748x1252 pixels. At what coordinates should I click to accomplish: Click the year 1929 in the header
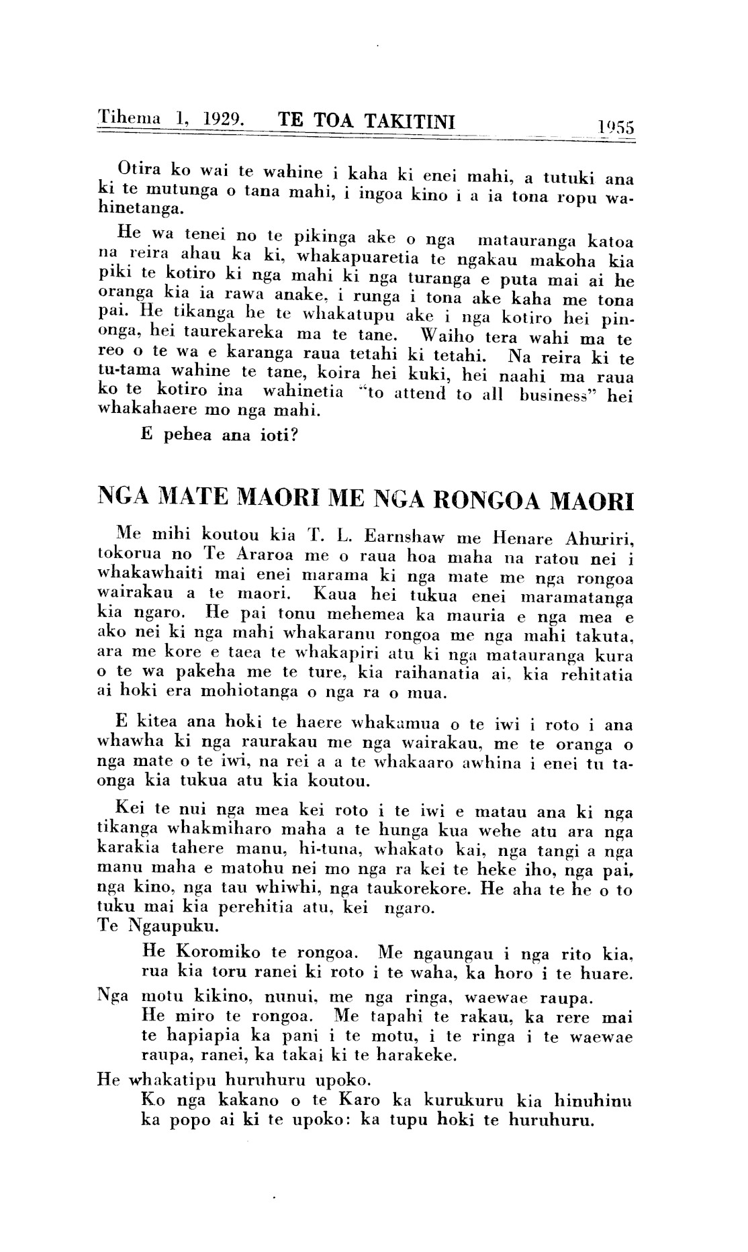pyautogui.click(x=221, y=120)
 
